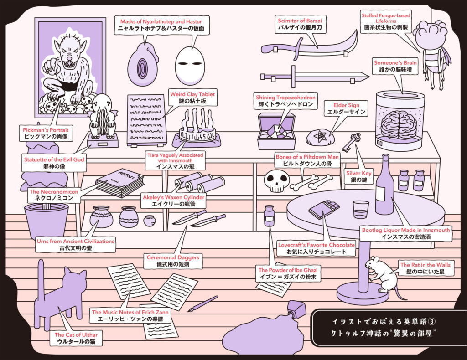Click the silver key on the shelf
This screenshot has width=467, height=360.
coord(351,141)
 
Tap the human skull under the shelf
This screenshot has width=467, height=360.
coord(276,181)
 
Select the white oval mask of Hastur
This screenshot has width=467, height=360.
coord(191,64)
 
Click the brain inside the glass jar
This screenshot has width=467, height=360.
coord(398,124)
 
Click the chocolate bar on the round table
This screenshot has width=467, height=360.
coord(324,209)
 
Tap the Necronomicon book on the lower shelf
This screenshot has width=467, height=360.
coord(119,182)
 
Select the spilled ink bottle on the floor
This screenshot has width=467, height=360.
coord(296,309)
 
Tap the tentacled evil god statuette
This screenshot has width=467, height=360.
coord(101,118)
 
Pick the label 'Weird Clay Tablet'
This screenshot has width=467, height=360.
coord(192,94)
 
